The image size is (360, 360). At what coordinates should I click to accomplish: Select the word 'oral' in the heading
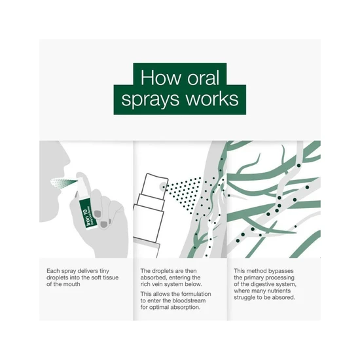pyautogui.click(x=207, y=77)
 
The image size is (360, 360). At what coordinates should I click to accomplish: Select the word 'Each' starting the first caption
pyautogui.click(x=54, y=270)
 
